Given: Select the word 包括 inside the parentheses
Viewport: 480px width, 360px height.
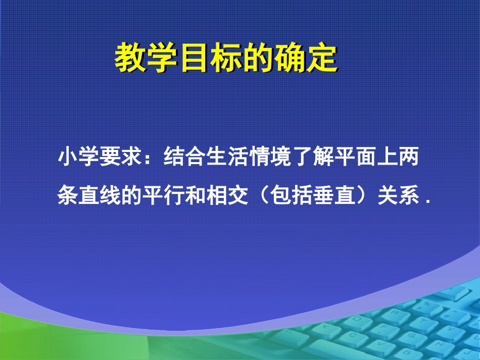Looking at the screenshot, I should [x=281, y=196].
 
